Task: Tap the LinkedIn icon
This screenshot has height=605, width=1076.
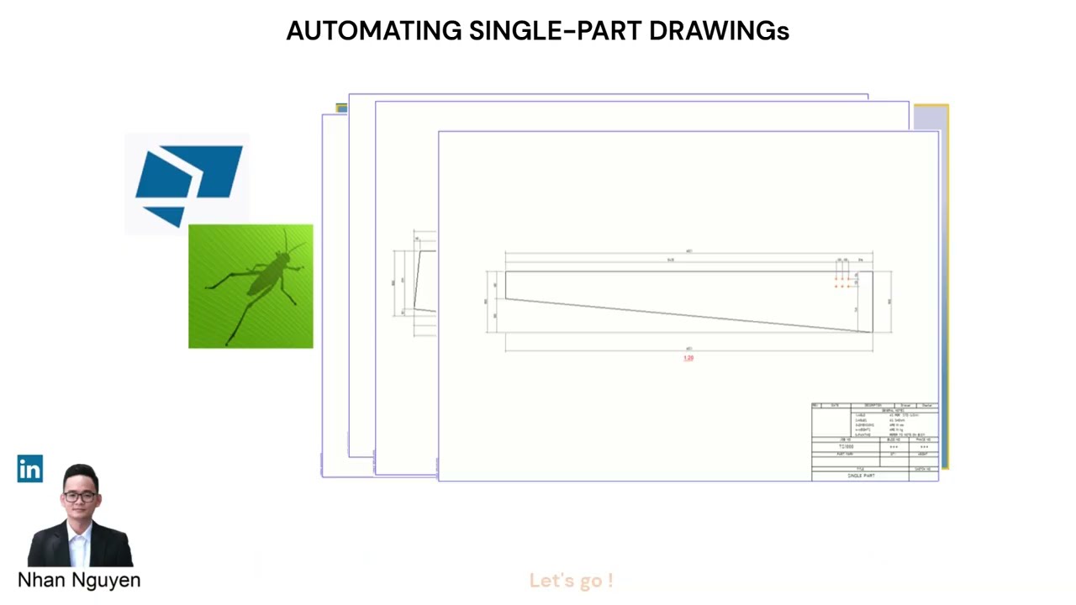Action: tap(29, 469)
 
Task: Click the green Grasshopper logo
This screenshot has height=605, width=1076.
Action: tap(251, 286)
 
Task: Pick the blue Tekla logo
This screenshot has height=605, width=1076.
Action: tap(188, 184)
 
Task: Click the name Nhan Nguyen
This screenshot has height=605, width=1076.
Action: tap(79, 580)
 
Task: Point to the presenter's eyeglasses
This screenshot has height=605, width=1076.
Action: tap(80, 496)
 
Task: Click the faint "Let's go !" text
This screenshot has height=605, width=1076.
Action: tap(571, 581)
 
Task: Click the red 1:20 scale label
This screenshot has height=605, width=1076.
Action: tap(688, 358)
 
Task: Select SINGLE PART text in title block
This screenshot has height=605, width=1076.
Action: tap(861, 476)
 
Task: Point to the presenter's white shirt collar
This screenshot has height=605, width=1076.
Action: tap(80, 533)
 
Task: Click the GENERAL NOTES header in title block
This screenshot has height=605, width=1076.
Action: tap(894, 410)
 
